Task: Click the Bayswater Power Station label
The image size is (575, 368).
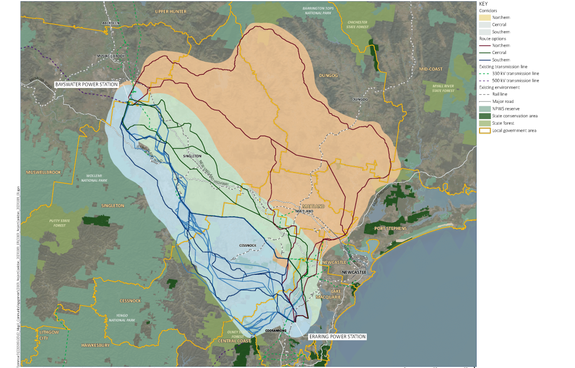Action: pos(86,85)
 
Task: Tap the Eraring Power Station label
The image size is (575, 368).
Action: pos(337,336)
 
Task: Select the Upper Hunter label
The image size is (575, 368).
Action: pos(171,11)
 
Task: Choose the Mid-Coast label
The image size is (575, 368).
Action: pos(431,69)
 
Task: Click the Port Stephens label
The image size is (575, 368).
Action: pos(390,228)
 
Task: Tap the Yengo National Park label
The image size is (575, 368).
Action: pos(122,317)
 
